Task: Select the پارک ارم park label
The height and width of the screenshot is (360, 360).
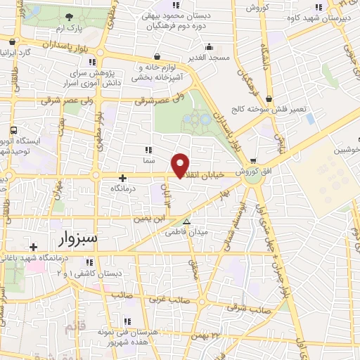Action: coord(67,29)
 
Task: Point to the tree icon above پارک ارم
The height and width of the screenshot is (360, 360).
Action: coord(68,17)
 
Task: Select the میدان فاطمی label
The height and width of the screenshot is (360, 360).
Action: coord(192,231)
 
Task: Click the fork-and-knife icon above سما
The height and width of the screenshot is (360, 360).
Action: coord(148,150)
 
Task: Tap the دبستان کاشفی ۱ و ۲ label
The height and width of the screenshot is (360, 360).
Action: coord(98,273)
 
